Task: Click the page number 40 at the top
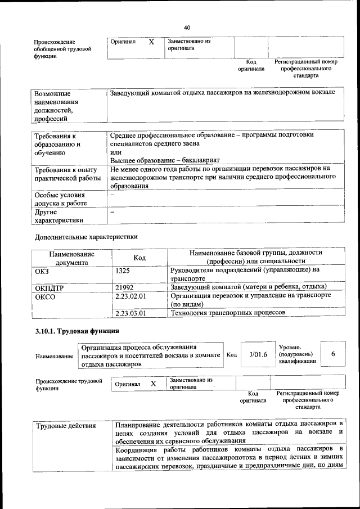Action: click(x=187, y=27)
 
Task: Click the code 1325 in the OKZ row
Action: click(x=123, y=271)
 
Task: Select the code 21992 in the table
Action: click(x=124, y=287)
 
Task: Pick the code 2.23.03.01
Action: click(x=130, y=313)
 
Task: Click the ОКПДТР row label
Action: click(x=50, y=288)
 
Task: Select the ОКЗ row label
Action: click(x=42, y=271)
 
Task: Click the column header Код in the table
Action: click(x=139, y=258)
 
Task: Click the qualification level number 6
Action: click(x=333, y=354)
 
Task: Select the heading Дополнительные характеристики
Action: click(x=86, y=237)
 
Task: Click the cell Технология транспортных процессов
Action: click(x=228, y=313)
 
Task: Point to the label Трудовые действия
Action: click(x=66, y=425)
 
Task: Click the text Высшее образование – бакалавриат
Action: click(x=165, y=160)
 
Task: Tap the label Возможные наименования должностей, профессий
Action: click(x=56, y=105)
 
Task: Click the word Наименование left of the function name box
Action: click(x=54, y=357)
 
